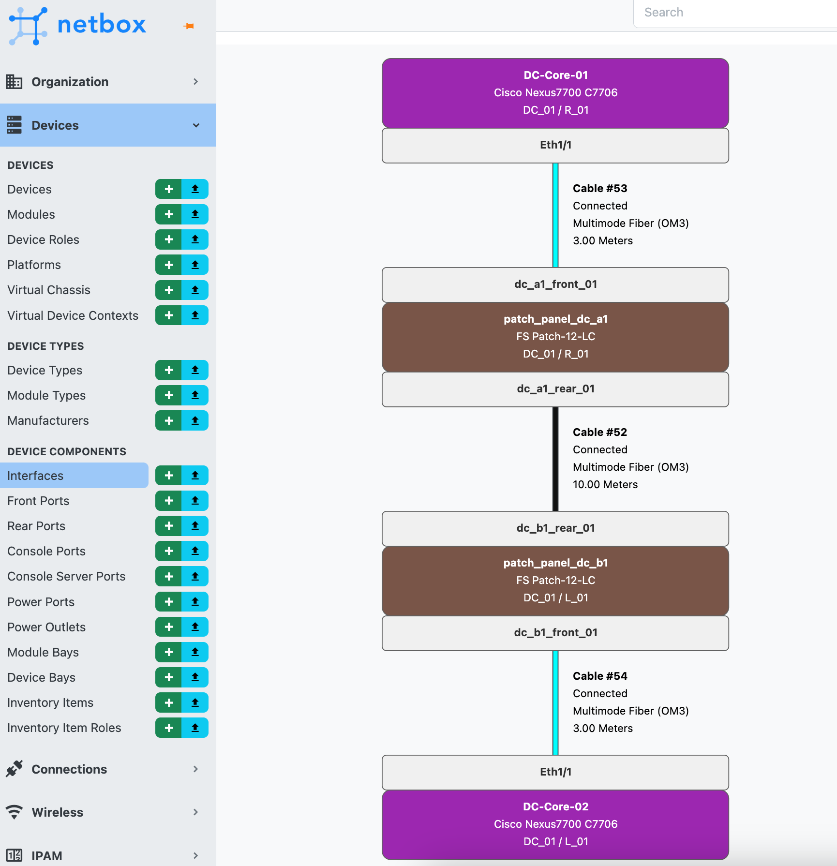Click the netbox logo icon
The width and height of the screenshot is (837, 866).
point(28,26)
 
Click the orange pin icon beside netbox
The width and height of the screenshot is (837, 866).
point(189,26)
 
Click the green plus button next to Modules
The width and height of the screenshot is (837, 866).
point(169,214)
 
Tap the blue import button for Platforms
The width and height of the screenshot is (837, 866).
point(195,265)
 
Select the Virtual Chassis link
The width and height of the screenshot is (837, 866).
point(49,290)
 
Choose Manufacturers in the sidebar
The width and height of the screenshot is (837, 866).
point(48,420)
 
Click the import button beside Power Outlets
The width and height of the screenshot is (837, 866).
point(195,627)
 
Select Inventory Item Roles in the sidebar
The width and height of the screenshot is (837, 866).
point(64,728)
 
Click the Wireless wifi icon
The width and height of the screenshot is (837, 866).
point(15,812)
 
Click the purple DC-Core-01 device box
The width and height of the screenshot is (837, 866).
point(555,93)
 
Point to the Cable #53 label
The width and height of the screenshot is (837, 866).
point(600,188)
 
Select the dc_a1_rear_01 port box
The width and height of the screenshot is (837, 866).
point(555,389)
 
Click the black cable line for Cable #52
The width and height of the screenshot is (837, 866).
point(555,459)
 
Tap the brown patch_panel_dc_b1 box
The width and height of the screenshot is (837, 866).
point(555,581)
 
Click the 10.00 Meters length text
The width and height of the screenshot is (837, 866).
point(605,484)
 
